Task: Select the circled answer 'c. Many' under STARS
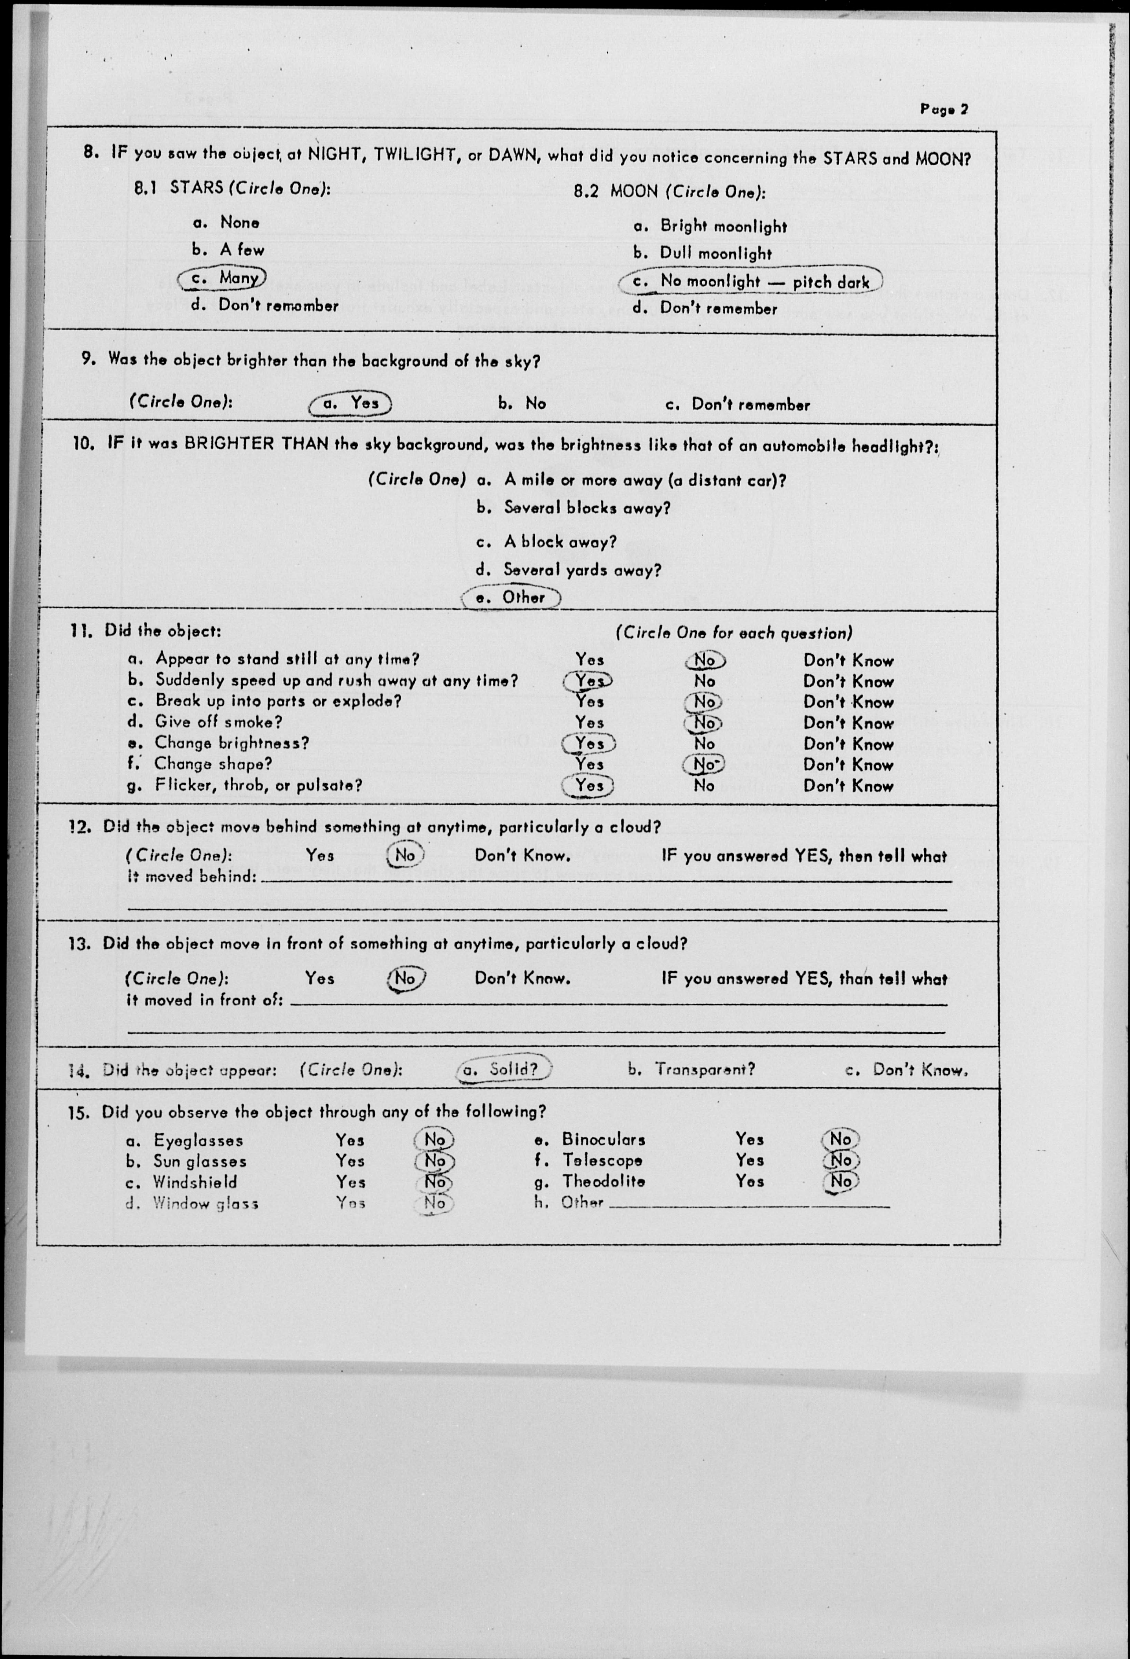[x=222, y=278]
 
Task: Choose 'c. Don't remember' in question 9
[x=737, y=405]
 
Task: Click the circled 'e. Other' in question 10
[x=511, y=597]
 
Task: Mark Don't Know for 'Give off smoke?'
[x=848, y=723]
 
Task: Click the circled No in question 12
[x=405, y=855]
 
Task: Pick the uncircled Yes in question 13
[x=319, y=978]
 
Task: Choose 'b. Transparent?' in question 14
[x=691, y=1069]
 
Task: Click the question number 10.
[x=84, y=443]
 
